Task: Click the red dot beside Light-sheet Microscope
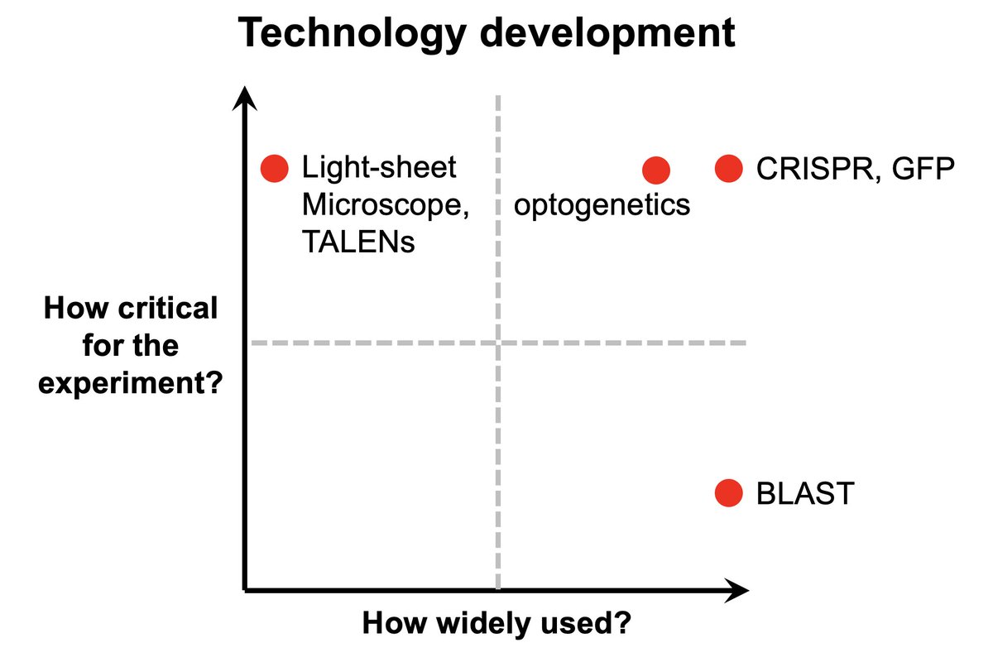pyautogui.click(x=274, y=169)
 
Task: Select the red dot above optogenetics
pyautogui.click(x=656, y=170)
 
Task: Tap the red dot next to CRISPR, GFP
pyautogui.click(x=728, y=169)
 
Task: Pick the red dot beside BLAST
pyautogui.click(x=728, y=493)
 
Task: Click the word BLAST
pyautogui.click(x=804, y=494)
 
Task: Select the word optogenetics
pyautogui.click(x=602, y=204)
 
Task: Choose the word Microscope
pyautogui.click(x=386, y=205)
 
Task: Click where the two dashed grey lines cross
pyautogui.click(x=498, y=342)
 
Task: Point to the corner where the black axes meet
pyautogui.click(x=246, y=589)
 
